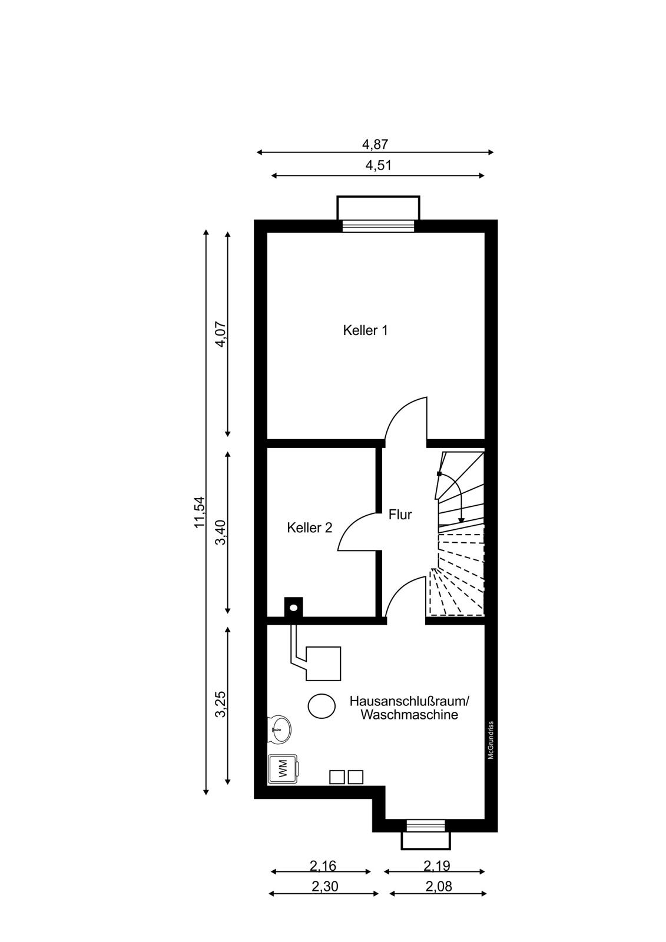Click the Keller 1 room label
click(365, 330)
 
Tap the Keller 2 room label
click(310, 528)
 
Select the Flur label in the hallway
click(400, 515)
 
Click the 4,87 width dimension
click(375, 144)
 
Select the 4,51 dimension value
click(378, 165)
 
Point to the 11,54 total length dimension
click(199, 512)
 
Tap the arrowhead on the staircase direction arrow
click(461, 520)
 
